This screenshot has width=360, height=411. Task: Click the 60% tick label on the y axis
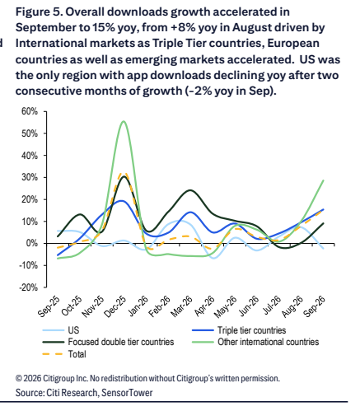click(29, 111)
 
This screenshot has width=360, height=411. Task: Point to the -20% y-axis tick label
click(28, 287)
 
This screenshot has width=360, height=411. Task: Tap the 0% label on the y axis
click(31, 243)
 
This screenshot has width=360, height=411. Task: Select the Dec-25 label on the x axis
click(115, 307)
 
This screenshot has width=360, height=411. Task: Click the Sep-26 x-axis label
click(315, 307)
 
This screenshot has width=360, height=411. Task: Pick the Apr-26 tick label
click(204, 306)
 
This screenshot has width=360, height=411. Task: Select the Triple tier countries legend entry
click(239, 330)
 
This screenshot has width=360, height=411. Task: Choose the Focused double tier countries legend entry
click(108, 342)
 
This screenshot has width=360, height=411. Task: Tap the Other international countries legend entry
click(255, 342)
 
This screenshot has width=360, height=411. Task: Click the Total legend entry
click(64, 354)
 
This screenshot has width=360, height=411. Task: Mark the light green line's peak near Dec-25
click(124, 121)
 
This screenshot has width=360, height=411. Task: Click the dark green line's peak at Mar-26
click(190, 190)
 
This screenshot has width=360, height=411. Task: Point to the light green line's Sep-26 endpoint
click(324, 180)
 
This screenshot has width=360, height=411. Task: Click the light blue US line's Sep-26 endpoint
click(324, 249)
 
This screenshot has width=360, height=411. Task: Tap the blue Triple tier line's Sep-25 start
click(58, 255)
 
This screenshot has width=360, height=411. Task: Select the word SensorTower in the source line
click(127, 393)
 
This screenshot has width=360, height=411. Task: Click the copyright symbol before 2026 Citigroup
click(19, 379)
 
